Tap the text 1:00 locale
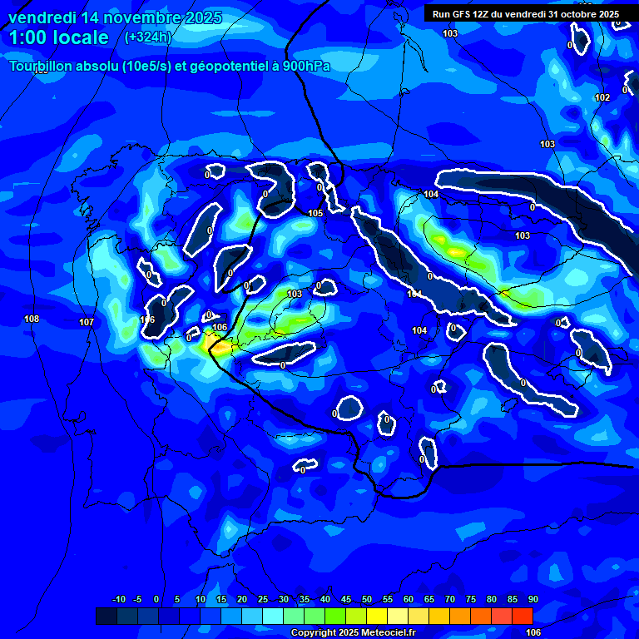pos(58,37)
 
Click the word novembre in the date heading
pos(142,17)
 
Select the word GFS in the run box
pos(463,14)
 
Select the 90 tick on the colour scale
pos(532,600)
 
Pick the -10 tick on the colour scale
pos(118,600)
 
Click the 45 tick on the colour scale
pos(345,600)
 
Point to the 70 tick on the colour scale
pos(449,600)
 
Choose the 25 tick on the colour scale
pos(262,600)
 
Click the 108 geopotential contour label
pos(32,319)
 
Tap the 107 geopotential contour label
pos(87,323)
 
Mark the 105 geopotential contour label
pos(315,214)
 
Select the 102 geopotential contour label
pos(602,98)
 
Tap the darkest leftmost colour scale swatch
pos(106,616)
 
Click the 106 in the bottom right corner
pos(533,632)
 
